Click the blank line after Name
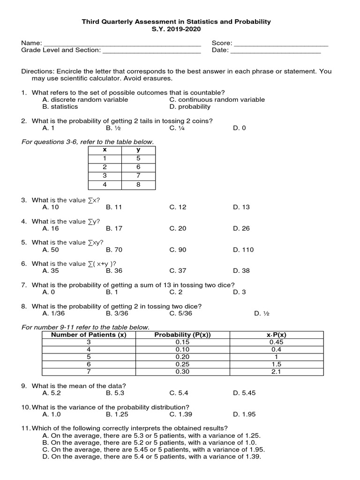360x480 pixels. point(122,44)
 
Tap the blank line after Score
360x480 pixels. point(281,44)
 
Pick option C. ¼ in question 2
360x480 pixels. point(178,127)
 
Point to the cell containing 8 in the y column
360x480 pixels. point(138,185)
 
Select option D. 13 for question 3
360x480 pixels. point(241,207)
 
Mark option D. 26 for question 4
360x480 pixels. point(241,228)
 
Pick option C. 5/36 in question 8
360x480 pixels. point(181,313)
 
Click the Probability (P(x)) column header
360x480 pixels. point(182,334)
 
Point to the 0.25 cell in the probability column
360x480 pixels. point(182,364)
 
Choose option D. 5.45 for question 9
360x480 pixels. point(244,393)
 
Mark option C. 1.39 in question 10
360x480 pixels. point(180,414)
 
